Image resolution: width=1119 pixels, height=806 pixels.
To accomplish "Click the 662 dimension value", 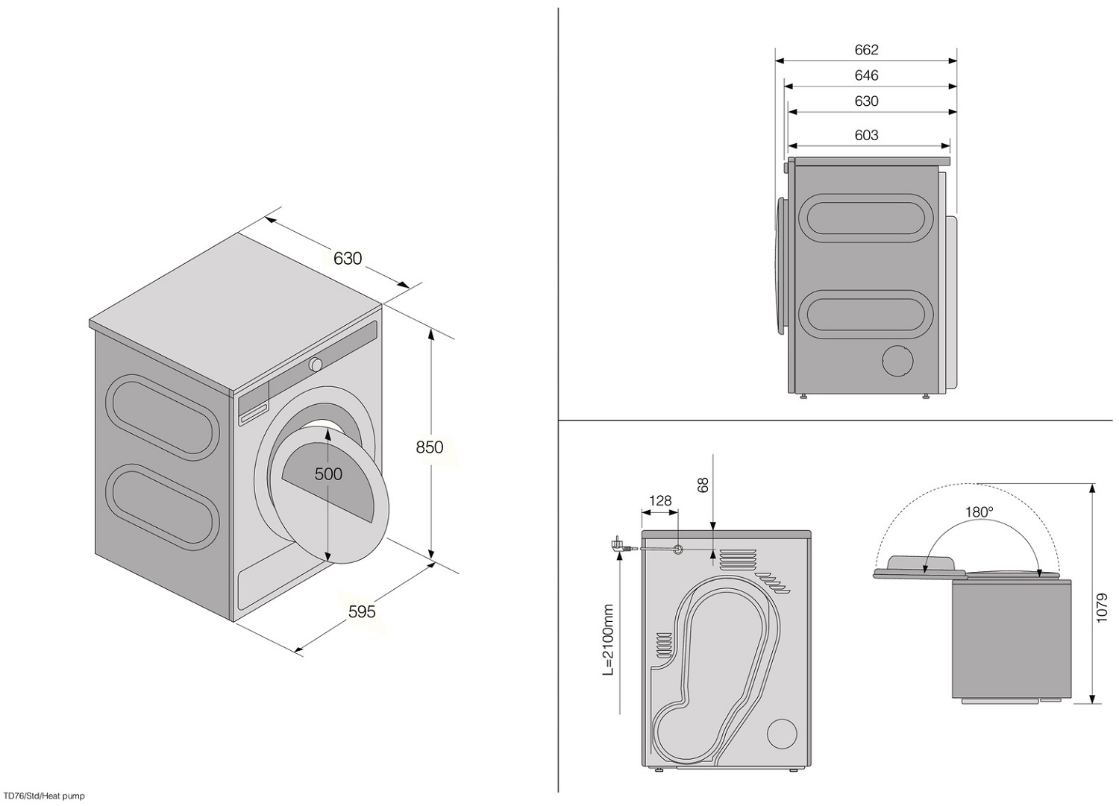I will click(866, 50).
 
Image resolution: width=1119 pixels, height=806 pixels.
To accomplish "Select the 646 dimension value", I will click(866, 75).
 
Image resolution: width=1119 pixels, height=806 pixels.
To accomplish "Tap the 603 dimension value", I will click(866, 135).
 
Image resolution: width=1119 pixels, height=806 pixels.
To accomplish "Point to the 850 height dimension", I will click(430, 447).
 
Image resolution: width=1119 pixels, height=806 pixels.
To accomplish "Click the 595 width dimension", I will click(362, 611).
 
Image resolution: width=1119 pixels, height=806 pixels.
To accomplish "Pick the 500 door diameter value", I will click(328, 473).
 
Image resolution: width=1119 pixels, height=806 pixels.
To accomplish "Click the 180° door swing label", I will click(979, 512).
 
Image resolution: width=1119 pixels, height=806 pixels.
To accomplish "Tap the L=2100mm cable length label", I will click(608, 640).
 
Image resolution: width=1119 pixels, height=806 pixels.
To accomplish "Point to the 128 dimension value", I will click(660, 501).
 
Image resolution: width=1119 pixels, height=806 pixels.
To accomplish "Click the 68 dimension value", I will click(703, 485).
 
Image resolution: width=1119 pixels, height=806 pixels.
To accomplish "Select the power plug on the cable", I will click(618, 545).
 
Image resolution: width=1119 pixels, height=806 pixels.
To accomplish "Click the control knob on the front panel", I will click(316, 365).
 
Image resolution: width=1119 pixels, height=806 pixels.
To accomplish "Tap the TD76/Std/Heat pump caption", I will click(44, 796).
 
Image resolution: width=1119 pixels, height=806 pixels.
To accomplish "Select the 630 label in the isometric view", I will click(348, 258).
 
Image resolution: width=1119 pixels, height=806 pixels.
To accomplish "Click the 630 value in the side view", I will click(866, 101).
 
